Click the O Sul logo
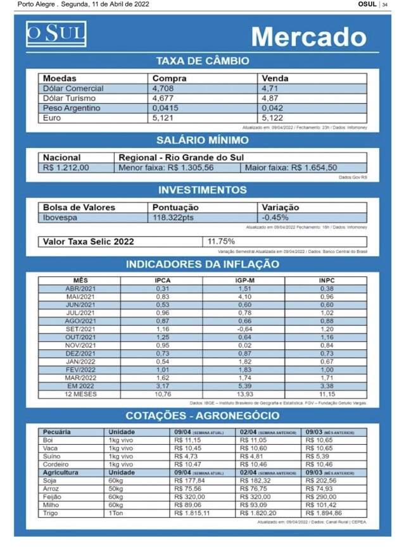tap(56, 34)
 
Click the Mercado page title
tap(308, 37)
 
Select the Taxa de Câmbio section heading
tap(202, 61)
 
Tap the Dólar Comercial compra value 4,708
tap(163, 89)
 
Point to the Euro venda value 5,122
tap(275, 118)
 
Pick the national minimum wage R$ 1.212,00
tap(66, 168)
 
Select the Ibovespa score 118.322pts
tap(174, 217)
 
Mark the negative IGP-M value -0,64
tap(244, 329)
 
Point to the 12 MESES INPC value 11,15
tap(326, 394)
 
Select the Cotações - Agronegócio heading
tap(202, 415)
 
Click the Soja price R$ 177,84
tap(190, 481)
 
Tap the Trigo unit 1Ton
tap(115, 514)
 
